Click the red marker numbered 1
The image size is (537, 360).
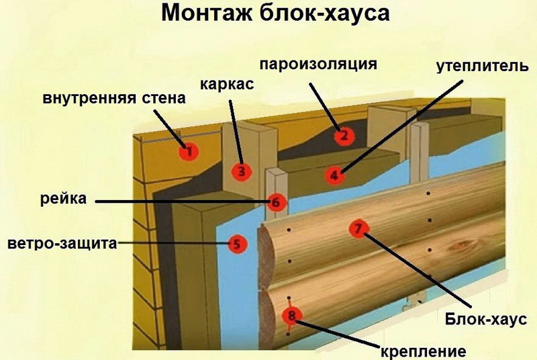(x=189, y=152)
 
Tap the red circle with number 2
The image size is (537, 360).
(x=343, y=136)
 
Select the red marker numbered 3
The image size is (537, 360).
(x=242, y=171)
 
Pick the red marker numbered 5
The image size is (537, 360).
(x=236, y=243)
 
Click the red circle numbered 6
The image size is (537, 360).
(x=276, y=201)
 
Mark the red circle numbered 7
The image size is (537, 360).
(x=358, y=229)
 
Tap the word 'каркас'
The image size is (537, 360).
(x=226, y=85)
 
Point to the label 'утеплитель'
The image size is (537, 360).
(x=477, y=67)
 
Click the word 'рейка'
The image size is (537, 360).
(x=65, y=198)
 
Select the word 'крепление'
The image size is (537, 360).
(x=423, y=349)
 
